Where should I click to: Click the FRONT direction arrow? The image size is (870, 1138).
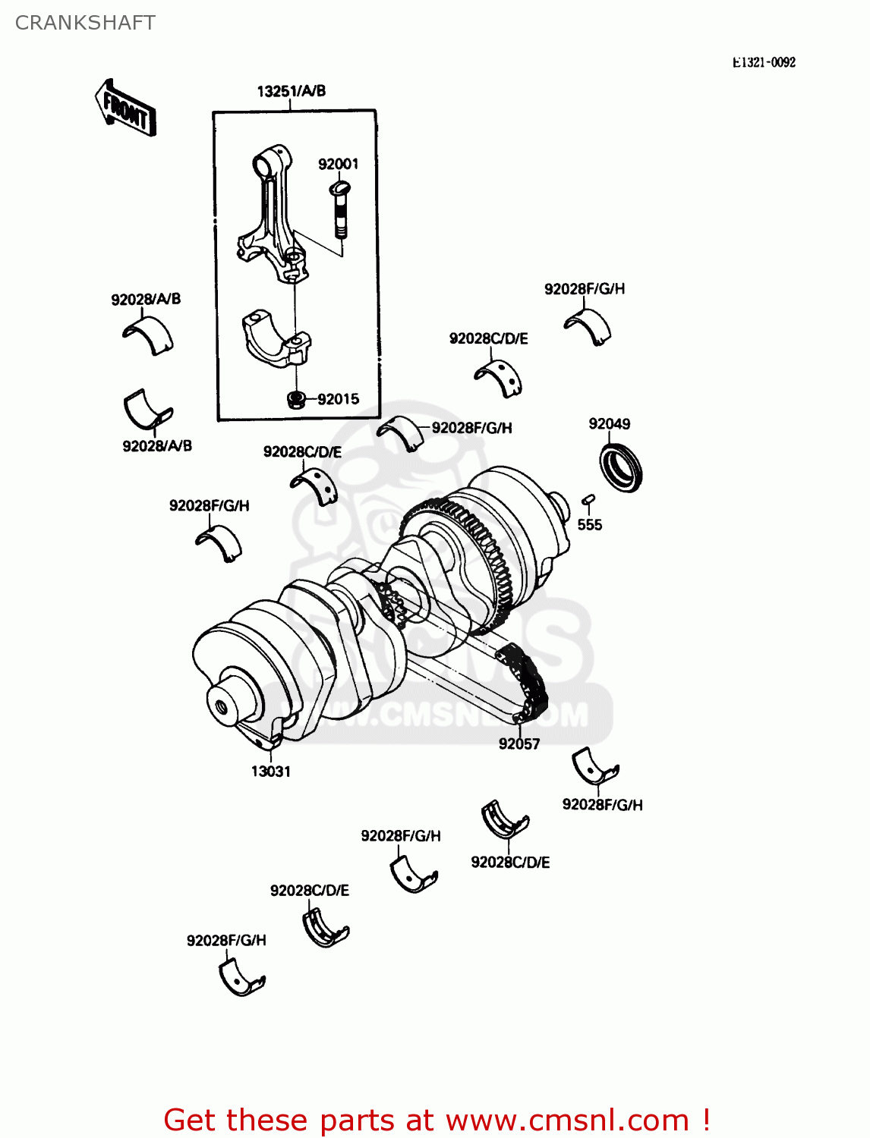coord(125,108)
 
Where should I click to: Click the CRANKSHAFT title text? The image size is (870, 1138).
coord(85,23)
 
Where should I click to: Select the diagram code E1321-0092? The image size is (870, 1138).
coord(763,63)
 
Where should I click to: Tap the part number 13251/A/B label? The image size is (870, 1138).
coord(292,91)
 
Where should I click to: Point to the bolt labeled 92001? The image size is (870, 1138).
coord(339,209)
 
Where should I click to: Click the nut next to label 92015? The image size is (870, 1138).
coord(297,398)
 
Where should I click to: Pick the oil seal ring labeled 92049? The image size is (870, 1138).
coord(621,468)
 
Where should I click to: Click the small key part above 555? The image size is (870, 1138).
coord(588,499)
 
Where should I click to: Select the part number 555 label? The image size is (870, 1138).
coord(589,525)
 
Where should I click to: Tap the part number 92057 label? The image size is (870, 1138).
coord(519,744)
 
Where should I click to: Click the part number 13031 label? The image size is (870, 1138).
coord(271,772)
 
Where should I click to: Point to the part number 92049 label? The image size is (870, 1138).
coord(609,424)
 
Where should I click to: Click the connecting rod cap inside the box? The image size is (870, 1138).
coord(276,338)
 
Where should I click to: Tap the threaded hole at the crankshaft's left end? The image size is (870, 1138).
coord(222,708)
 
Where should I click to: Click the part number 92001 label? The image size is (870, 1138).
coord(338,164)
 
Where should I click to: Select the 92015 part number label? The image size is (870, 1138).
coord(338,399)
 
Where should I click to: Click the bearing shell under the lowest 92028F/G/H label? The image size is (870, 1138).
coord(241,978)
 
